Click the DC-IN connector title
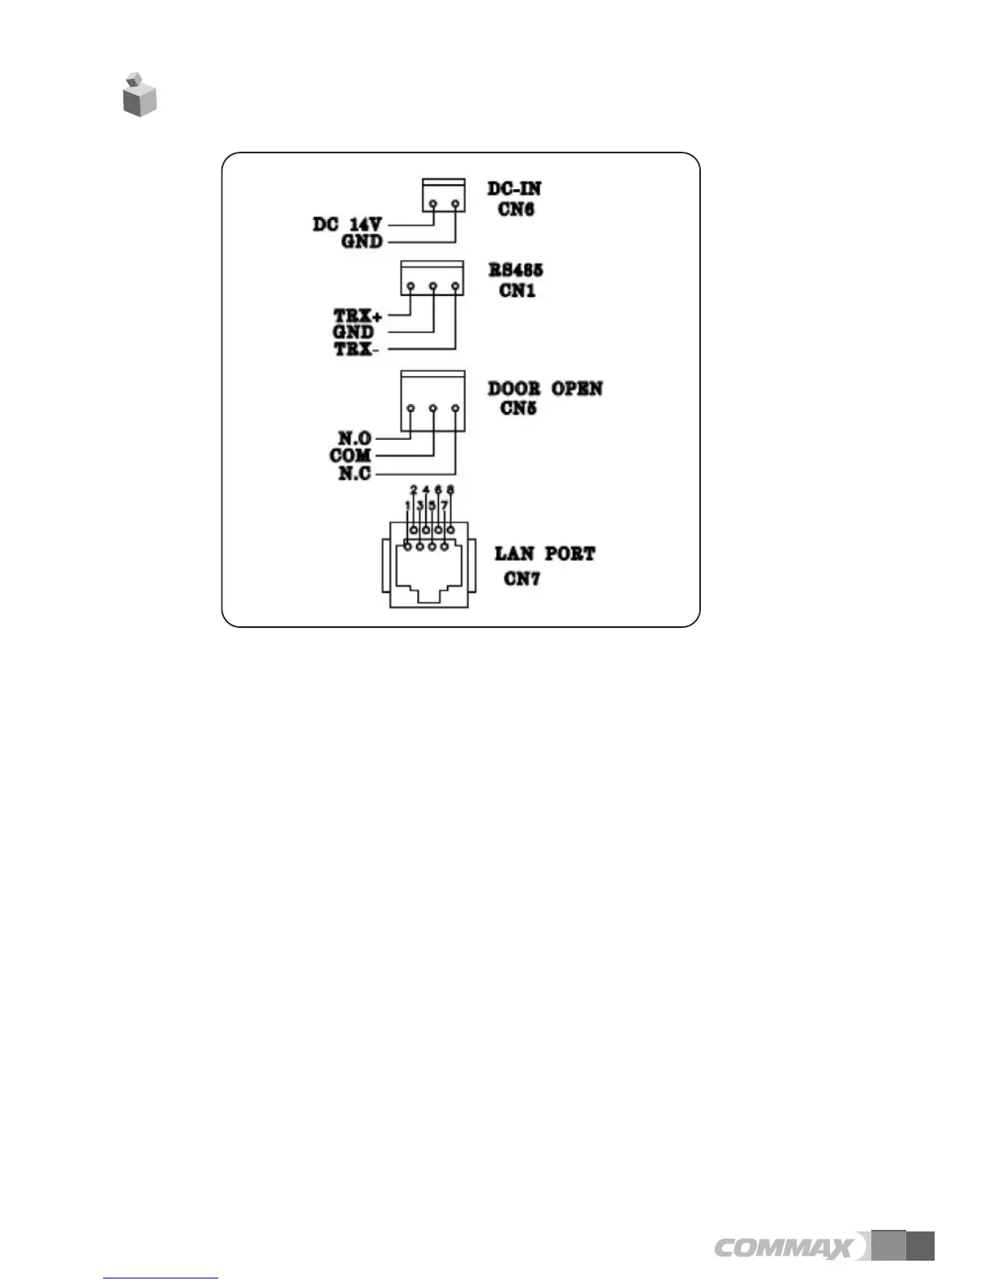pyautogui.click(x=514, y=188)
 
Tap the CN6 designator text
pyautogui.click(x=516, y=209)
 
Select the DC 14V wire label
pyautogui.click(x=347, y=224)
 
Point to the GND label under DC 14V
pyautogui.click(x=361, y=242)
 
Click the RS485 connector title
pyautogui.click(x=516, y=270)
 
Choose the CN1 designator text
pyautogui.click(x=517, y=290)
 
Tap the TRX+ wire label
pyautogui.click(x=357, y=315)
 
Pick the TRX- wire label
pyautogui.click(x=356, y=350)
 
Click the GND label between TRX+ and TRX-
pyautogui.click(x=353, y=332)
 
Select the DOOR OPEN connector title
pyautogui.click(x=545, y=389)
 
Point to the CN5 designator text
pyautogui.click(x=518, y=408)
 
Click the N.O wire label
pyautogui.click(x=355, y=439)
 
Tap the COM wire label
pyautogui.click(x=350, y=456)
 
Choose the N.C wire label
pyautogui.click(x=355, y=474)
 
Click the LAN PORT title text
pyautogui.click(x=545, y=554)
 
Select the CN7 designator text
pyautogui.click(x=521, y=578)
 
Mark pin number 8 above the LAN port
pyautogui.click(x=450, y=490)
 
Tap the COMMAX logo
pyautogui.click(x=784, y=1247)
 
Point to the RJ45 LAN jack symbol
pyautogui.click(x=425, y=568)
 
